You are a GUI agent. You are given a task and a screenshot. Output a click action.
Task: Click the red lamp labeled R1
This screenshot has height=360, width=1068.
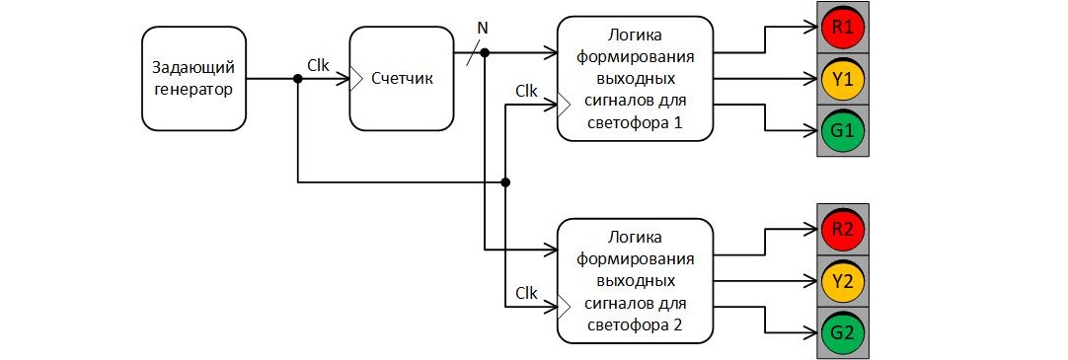coord(842,28)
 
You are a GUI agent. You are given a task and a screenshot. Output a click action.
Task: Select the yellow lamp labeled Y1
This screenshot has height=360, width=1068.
coord(842,79)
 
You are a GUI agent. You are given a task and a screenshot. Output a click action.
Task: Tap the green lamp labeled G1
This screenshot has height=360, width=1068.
coord(842,130)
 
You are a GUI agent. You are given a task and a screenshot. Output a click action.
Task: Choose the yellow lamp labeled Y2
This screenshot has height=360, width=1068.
coord(842,281)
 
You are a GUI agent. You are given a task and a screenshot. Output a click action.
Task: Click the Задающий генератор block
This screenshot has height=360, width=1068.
coord(192,78)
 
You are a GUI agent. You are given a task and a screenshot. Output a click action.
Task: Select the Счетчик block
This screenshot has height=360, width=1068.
coord(402,78)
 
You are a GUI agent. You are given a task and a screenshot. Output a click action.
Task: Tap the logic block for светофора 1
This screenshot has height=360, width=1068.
coord(635,78)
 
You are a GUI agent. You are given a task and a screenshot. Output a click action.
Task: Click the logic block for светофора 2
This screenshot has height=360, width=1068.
coord(635,281)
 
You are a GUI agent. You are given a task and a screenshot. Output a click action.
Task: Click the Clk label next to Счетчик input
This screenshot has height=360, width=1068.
coord(318,65)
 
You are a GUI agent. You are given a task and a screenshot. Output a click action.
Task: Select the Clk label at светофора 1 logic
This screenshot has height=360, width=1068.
coord(526,92)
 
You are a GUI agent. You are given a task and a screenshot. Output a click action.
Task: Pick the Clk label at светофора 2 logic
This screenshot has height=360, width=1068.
coord(526,293)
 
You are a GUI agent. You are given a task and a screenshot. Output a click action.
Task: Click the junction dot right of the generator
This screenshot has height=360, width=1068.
coord(297,79)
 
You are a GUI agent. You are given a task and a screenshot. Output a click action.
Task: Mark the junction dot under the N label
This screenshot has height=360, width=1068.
coord(485,51)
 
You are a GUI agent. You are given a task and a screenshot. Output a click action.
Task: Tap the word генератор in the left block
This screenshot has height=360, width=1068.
coord(192,89)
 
